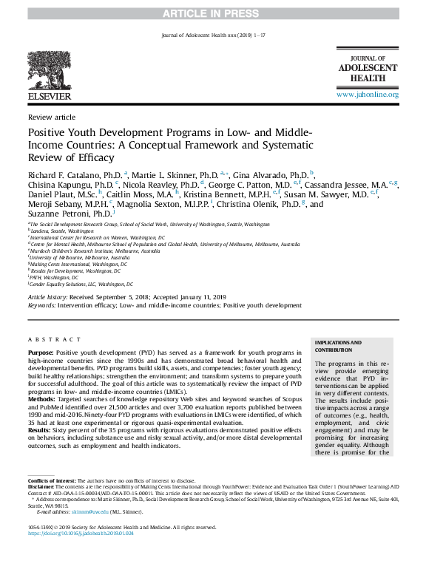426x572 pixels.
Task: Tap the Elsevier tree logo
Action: pos(49,71)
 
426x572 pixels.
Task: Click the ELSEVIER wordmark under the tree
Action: pos(49,96)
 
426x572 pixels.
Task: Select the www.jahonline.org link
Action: pos(368,95)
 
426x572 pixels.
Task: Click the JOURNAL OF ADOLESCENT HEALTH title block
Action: pos(368,69)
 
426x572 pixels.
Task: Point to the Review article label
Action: pos(51,118)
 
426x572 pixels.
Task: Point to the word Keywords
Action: pos(41,304)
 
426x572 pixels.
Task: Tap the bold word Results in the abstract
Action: pos(39,429)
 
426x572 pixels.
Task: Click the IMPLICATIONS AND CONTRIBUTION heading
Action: pos(339,346)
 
